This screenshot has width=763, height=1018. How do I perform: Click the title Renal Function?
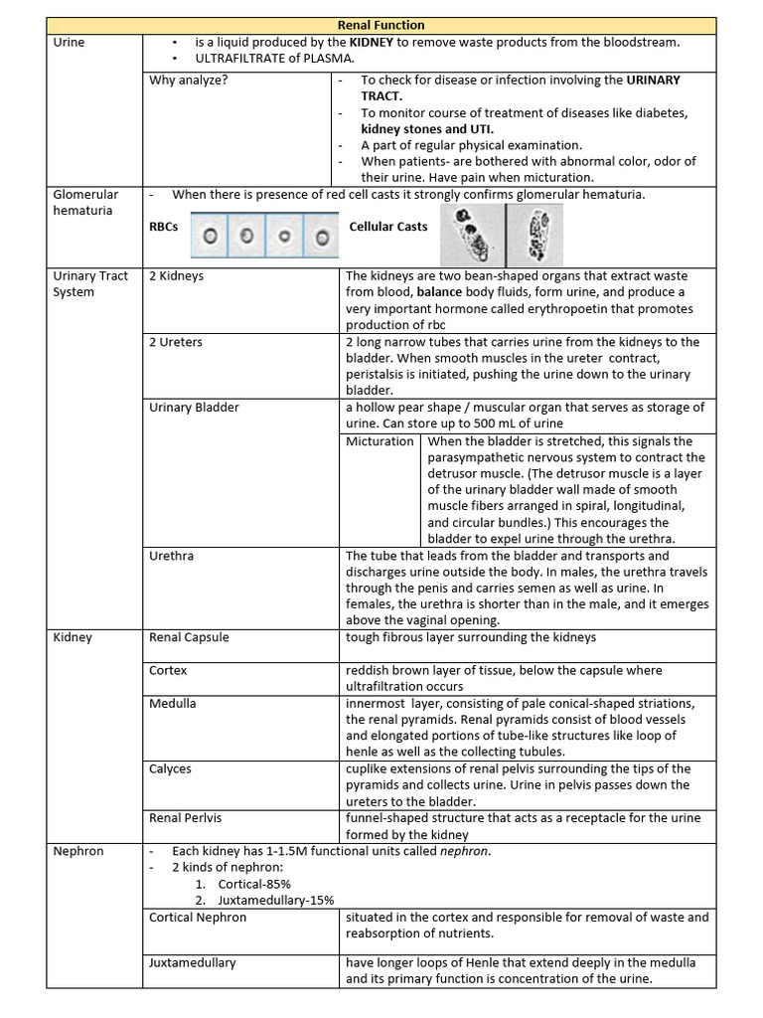pyautogui.click(x=381, y=25)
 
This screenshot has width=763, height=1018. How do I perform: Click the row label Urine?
pyautogui.click(x=69, y=43)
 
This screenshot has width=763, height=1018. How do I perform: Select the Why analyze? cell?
pyautogui.click(x=188, y=81)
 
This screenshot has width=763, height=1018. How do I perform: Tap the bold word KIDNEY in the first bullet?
pyautogui.click(x=371, y=43)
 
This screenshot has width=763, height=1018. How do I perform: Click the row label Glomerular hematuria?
pyautogui.click(x=84, y=202)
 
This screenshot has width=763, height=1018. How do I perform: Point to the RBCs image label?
pyautogui.click(x=164, y=227)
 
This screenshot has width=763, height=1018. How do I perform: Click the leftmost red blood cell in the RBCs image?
pyautogui.click(x=210, y=237)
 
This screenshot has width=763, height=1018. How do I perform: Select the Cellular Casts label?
pyautogui.click(x=388, y=227)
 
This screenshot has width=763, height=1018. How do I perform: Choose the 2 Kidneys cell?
pyautogui.click(x=176, y=275)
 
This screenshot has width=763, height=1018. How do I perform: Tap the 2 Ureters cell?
pyautogui.click(x=176, y=342)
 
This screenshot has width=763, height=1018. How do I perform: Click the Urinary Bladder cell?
pyautogui.click(x=194, y=408)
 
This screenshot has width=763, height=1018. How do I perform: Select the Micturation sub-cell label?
pyautogui.click(x=380, y=441)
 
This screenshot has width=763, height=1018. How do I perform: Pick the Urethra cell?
pyautogui.click(x=171, y=556)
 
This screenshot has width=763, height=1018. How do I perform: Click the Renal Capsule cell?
pyautogui.click(x=189, y=637)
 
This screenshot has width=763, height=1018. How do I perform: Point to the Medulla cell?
pyautogui.click(x=172, y=703)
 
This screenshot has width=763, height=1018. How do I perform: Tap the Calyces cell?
pyautogui.click(x=170, y=768)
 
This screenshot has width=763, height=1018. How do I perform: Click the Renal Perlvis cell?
pyautogui.click(x=185, y=818)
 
